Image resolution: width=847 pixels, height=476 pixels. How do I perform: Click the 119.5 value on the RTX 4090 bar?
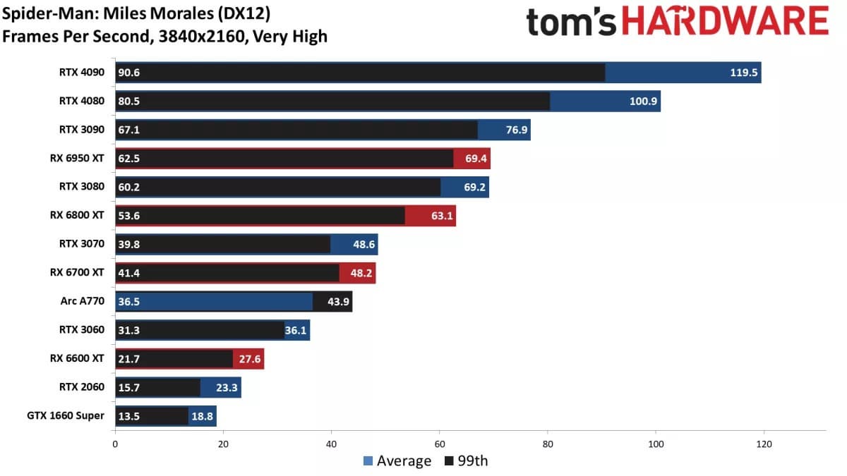point(742,73)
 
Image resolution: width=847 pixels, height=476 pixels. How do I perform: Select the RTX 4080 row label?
point(82,101)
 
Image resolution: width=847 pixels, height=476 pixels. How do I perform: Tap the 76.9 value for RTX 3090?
point(513,130)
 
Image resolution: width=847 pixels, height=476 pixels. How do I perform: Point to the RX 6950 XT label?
point(77,158)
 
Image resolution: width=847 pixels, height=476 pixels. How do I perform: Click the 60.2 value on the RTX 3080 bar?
point(129,187)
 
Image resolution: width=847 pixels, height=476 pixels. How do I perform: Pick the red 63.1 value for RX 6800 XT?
point(439,216)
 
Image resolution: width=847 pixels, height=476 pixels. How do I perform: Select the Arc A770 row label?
point(83,301)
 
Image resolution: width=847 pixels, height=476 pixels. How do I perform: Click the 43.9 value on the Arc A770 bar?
point(335,302)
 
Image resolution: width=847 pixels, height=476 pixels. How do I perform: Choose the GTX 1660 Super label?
point(71,415)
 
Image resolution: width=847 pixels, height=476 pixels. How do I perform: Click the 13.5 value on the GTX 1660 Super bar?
point(129,416)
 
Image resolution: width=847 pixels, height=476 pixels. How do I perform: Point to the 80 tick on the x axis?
point(548,444)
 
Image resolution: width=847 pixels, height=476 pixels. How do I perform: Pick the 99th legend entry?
point(467,461)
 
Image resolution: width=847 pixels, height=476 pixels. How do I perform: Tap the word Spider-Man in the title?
point(44,13)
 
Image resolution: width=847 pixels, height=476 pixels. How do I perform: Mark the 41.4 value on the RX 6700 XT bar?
point(129,273)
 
